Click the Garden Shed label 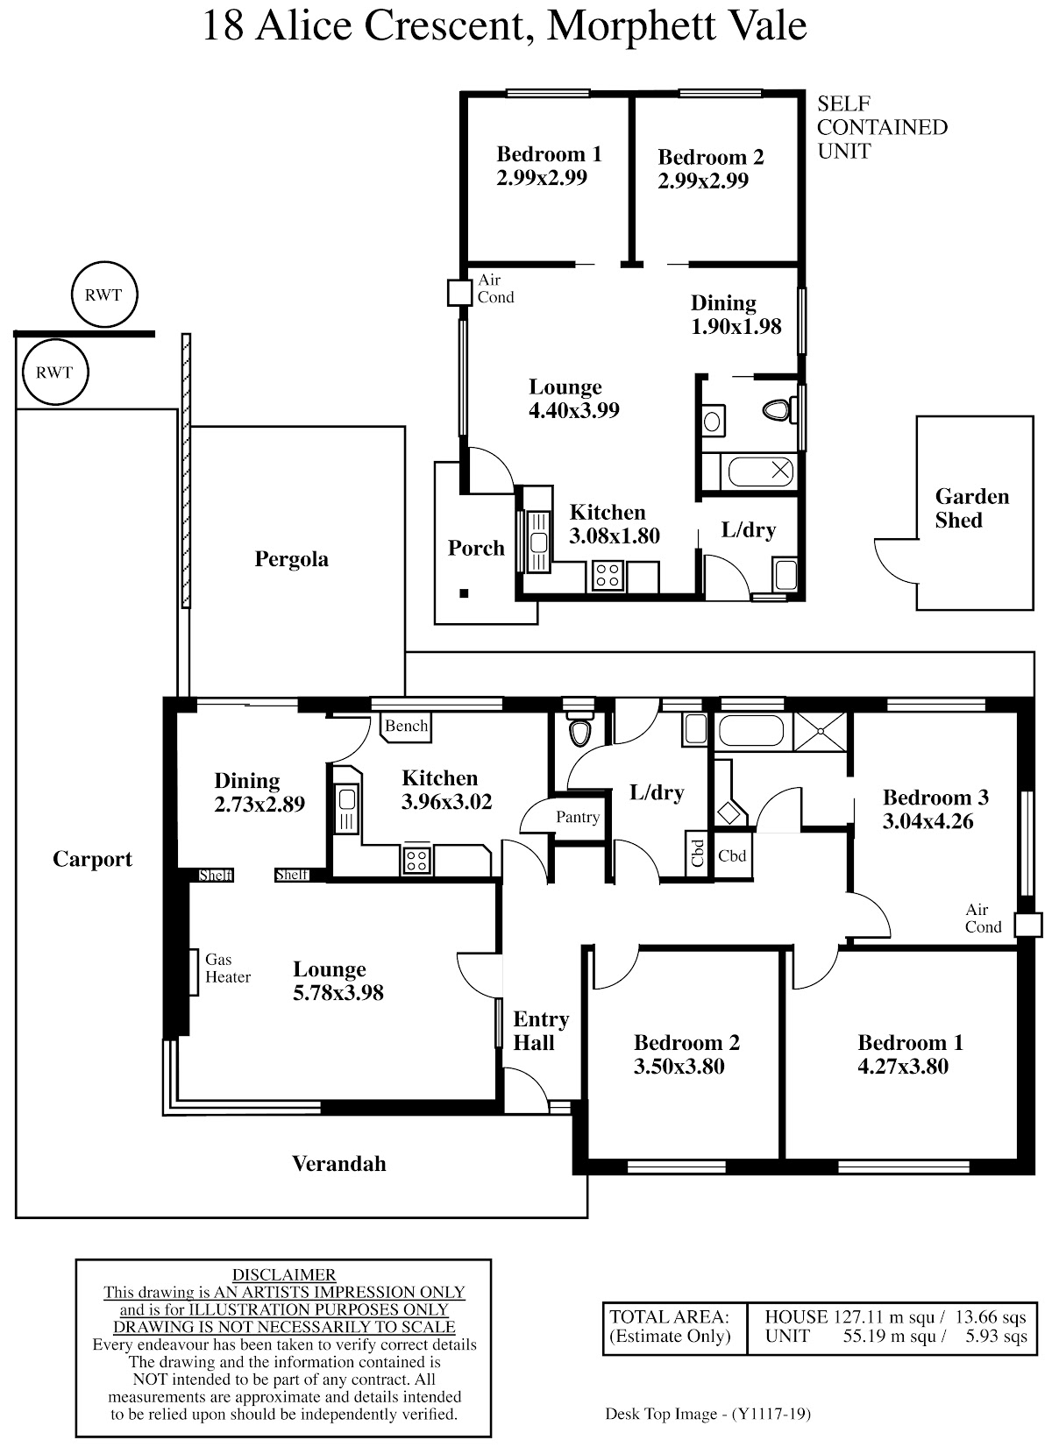coord(971,508)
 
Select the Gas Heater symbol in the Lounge coord(193,972)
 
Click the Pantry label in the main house coord(578,817)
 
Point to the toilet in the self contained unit coord(778,409)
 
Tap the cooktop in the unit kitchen coord(608,576)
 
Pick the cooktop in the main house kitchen coord(416,861)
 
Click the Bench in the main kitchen coord(406,727)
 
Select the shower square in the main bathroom coord(820,732)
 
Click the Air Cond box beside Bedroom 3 coord(1027,925)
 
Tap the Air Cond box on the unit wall coord(460,293)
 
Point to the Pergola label coord(291,559)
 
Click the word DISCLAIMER coord(284,1274)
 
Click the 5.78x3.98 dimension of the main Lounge coord(338,992)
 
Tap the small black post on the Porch coord(464,593)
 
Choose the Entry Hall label coord(541,1031)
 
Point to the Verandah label coord(339,1163)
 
